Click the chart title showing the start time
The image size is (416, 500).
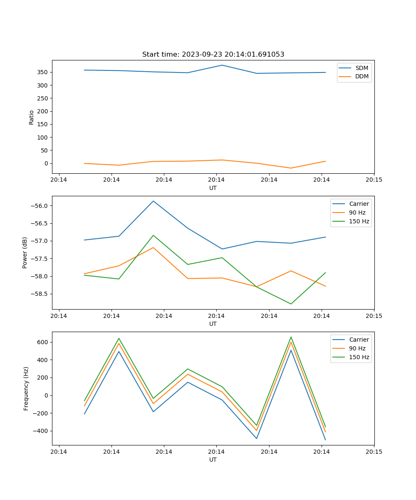click(x=213, y=55)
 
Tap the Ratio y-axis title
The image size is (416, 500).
click(x=32, y=117)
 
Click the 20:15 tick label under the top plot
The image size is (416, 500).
click(x=374, y=180)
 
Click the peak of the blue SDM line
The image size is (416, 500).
click(x=222, y=65)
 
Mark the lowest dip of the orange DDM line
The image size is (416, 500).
click(x=291, y=168)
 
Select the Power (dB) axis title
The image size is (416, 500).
click(x=25, y=252)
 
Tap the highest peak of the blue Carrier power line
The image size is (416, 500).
click(x=153, y=201)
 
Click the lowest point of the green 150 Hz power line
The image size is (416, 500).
click(x=291, y=304)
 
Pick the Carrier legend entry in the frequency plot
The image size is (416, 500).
click(x=359, y=340)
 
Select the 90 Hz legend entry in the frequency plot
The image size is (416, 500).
click(x=357, y=348)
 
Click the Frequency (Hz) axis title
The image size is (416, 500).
click(x=26, y=388)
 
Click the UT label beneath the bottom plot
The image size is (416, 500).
click(x=213, y=460)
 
